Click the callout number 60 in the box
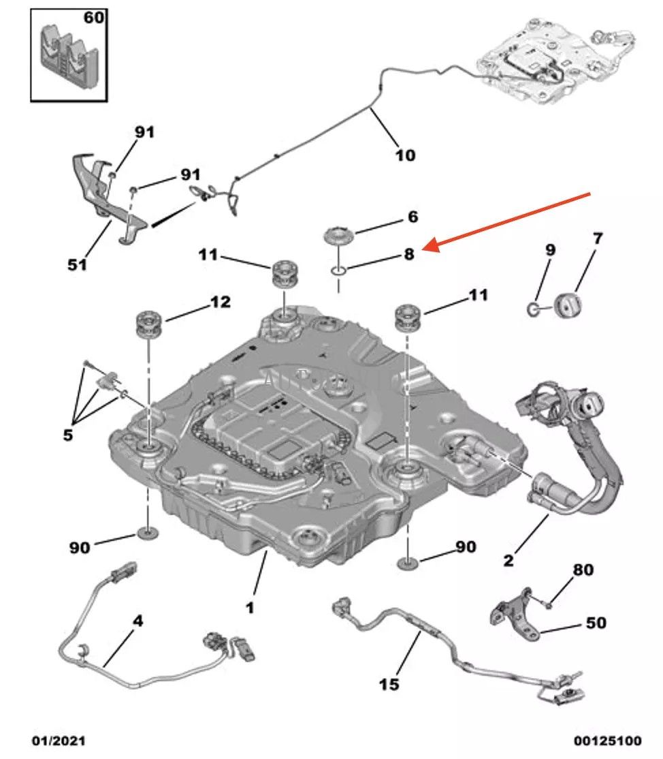point(93,17)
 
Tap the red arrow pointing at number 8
point(511,221)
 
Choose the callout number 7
point(597,239)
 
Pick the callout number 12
point(220,301)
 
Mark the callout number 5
point(67,434)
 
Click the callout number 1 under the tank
point(250,606)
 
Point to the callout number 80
point(583,569)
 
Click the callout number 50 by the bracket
point(596,623)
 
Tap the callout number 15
point(389,683)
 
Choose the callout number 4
point(138,621)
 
